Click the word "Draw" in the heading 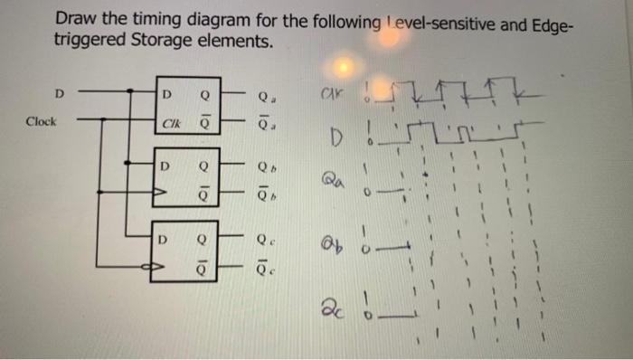pos(74,18)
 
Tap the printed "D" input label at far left pos(60,92)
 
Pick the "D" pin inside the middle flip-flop pos(165,166)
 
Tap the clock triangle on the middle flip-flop pos(162,192)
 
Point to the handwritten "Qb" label pos(330,246)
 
